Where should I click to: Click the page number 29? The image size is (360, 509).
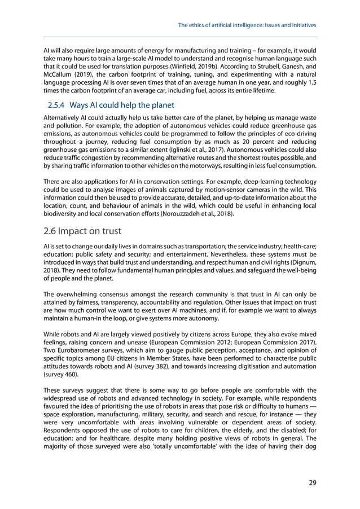coord(312,482)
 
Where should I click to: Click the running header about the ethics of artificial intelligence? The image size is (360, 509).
coord(247,25)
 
